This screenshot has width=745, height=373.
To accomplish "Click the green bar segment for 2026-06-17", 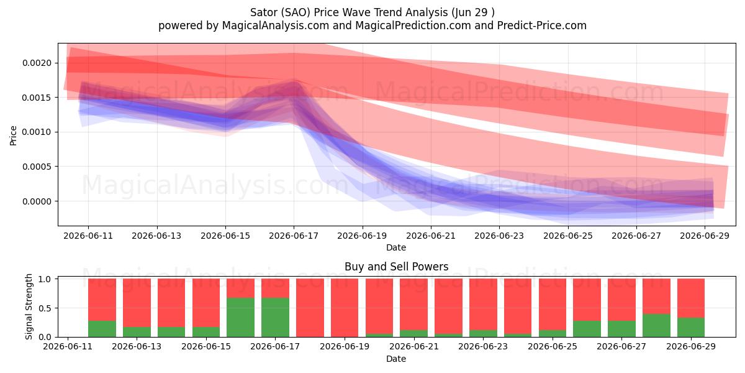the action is pyautogui.click(x=275, y=318).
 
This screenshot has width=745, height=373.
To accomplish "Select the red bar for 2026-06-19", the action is pyautogui.click(x=345, y=308).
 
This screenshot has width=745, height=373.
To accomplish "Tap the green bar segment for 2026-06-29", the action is pyautogui.click(x=691, y=328).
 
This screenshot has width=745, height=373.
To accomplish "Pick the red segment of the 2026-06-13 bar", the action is pyautogui.click(x=137, y=303).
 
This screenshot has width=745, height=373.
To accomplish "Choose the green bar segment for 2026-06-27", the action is pyautogui.click(x=621, y=329).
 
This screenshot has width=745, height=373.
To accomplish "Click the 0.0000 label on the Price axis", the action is pyautogui.click(x=37, y=201).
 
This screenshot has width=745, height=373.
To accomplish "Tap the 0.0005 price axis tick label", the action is pyautogui.click(x=37, y=167).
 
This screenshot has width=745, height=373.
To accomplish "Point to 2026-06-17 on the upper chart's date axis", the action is pyautogui.click(x=294, y=236).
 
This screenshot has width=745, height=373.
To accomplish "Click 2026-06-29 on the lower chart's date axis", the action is pyautogui.click(x=691, y=346).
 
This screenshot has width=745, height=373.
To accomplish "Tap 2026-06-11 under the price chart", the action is pyautogui.click(x=88, y=236).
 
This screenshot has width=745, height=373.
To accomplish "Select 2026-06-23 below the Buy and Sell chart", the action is pyautogui.click(x=483, y=346).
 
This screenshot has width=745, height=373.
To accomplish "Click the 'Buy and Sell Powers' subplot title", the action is pyautogui.click(x=397, y=267).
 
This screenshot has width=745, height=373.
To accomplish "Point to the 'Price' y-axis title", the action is pyautogui.click(x=13, y=136).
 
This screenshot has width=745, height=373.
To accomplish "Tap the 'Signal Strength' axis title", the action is pyautogui.click(x=29, y=306).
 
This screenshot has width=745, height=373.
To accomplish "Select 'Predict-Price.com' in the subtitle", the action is pyautogui.click(x=542, y=25).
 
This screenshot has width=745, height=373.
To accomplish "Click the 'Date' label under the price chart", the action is pyautogui.click(x=396, y=247).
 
